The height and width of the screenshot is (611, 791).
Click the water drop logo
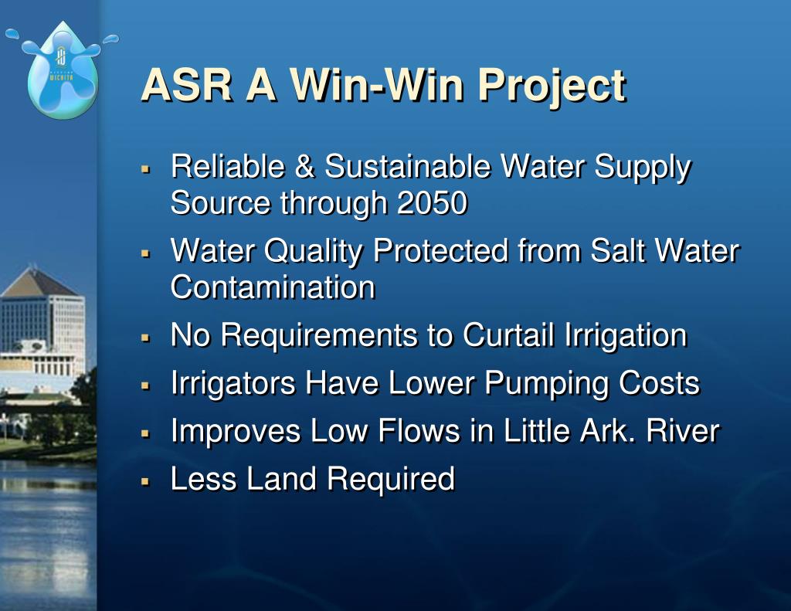coord(62,71)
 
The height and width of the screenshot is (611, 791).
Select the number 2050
coord(432,203)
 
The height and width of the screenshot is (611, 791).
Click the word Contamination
coord(273,288)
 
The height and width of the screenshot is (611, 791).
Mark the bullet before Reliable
coord(145,168)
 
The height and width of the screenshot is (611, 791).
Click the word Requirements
coord(328,336)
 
